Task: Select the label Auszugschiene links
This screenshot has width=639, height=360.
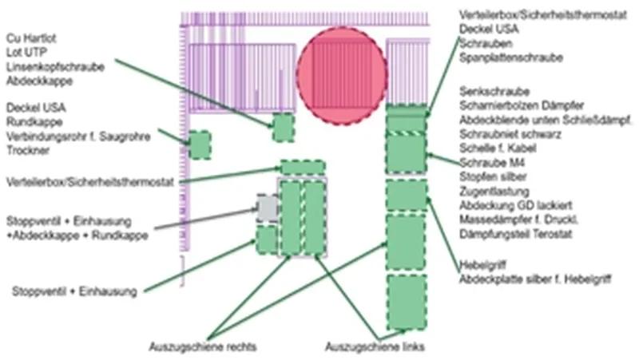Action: pos(375,346)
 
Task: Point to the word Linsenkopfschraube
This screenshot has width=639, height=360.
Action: pos(55,67)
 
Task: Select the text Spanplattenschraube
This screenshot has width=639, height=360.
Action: pos(511,57)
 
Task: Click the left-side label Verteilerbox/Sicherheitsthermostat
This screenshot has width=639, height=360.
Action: pos(90,181)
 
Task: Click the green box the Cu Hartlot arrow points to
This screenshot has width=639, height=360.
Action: pos(283,128)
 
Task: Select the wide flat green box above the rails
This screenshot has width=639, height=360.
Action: pos(303,168)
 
